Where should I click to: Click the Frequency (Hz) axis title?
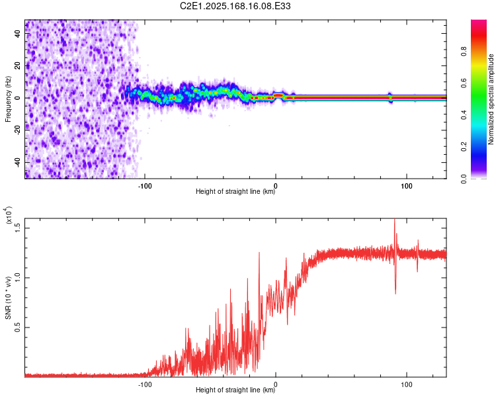8,98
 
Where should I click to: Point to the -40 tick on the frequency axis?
17,162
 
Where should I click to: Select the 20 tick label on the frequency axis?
17,66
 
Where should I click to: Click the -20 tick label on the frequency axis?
17,130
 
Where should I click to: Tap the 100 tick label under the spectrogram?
406,185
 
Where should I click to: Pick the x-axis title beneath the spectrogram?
235,192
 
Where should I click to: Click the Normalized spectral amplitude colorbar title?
491,99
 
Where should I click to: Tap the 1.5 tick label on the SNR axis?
17,228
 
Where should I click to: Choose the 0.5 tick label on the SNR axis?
17,327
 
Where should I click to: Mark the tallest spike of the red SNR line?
395,220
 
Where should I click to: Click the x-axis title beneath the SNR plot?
235,390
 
